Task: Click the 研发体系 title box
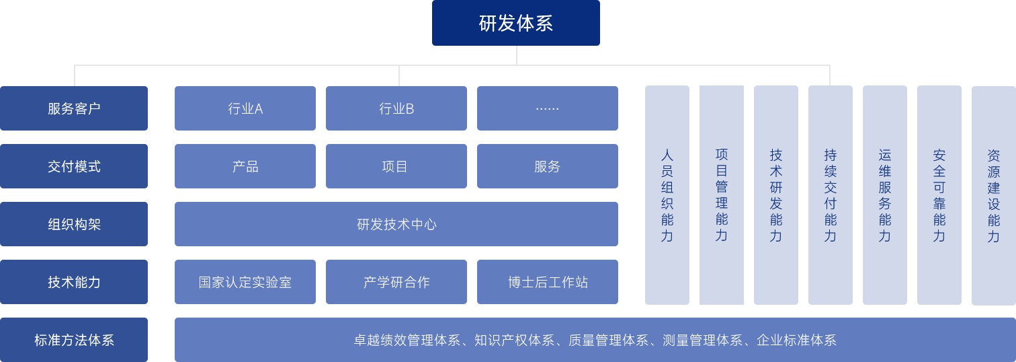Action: tap(515, 23)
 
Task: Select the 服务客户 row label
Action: tap(74, 108)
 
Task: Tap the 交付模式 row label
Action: tap(74, 166)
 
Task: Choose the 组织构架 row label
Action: tap(74, 223)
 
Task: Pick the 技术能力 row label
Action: tap(74, 281)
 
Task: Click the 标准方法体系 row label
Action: tap(74, 339)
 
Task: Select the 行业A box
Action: tap(245, 108)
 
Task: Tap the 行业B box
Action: tap(396, 108)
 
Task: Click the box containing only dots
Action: tap(547, 108)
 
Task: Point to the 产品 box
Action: tap(245, 166)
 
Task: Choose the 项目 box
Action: tap(396, 166)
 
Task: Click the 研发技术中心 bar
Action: tap(396, 223)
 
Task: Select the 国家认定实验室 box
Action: tap(245, 281)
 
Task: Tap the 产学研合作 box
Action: tap(396, 281)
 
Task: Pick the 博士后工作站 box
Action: tap(547, 281)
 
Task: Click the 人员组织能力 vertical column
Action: tap(667, 194)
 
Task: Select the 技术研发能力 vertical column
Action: tap(775, 194)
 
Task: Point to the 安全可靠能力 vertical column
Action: tap(939, 194)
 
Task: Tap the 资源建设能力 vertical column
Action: tap(993, 194)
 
